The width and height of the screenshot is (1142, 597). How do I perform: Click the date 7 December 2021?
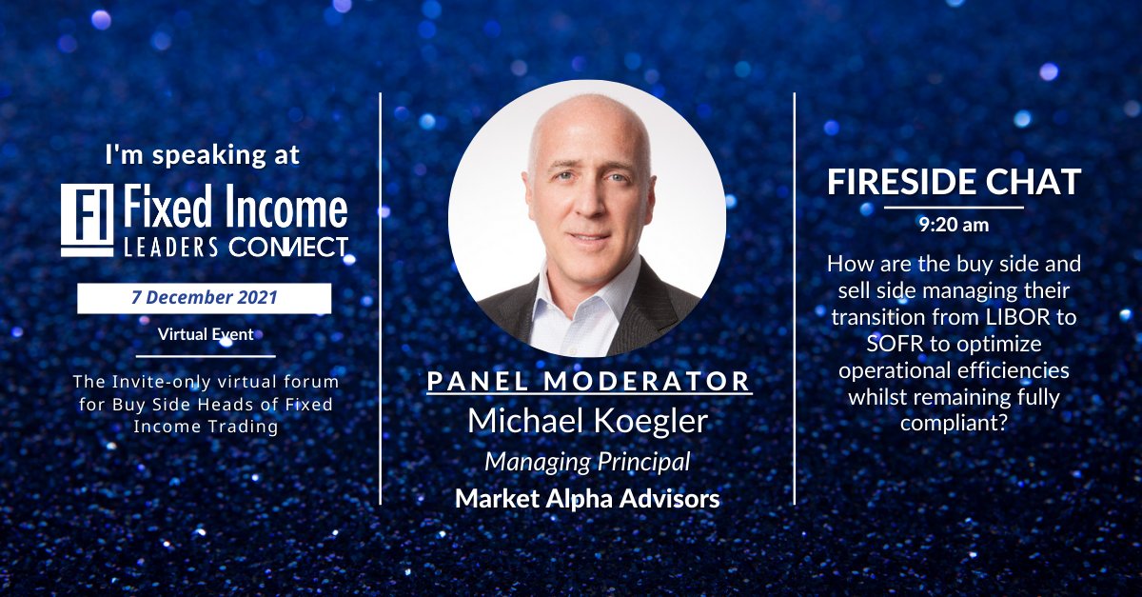(x=205, y=297)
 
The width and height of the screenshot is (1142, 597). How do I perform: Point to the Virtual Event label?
(x=204, y=334)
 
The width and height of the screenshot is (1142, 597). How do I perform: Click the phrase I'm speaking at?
(x=203, y=154)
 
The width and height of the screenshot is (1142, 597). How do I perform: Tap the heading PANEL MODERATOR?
(x=589, y=381)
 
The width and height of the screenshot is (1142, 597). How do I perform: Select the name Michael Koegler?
(x=587, y=420)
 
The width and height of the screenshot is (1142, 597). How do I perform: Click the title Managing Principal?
(x=587, y=462)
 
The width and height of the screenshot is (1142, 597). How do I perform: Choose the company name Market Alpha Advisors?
(x=587, y=498)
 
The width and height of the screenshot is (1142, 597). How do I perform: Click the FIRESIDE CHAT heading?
(x=954, y=182)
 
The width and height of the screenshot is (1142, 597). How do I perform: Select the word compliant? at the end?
(x=954, y=422)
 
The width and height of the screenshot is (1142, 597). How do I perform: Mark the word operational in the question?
(x=894, y=369)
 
